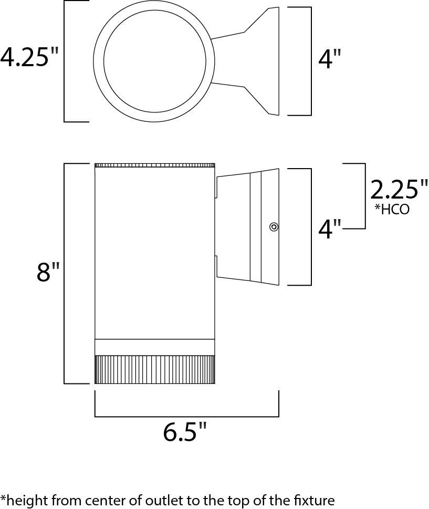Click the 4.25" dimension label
pyautogui.click(x=29, y=57)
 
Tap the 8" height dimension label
pyautogui.click(x=48, y=272)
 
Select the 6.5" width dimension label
pyautogui.click(x=185, y=431)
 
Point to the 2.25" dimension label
pyautogui.click(x=399, y=190)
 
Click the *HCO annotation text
pyautogui.click(x=392, y=210)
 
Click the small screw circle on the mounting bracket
pyautogui.click(x=274, y=226)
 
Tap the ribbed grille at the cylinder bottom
pyautogui.click(x=154, y=369)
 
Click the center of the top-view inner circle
pyautogui.click(x=155, y=61)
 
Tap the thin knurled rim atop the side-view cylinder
pyautogui.click(x=154, y=165)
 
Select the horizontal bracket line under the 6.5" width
pyautogui.click(x=187, y=416)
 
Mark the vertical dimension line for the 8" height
pyautogui.click(x=64, y=274)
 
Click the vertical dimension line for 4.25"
pyautogui.click(x=64, y=61)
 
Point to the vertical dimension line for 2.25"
pyautogui.click(x=365, y=196)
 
